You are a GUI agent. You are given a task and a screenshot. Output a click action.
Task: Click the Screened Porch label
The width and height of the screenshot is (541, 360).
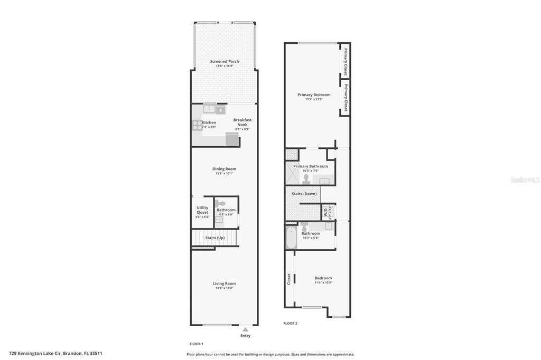(x=225, y=62)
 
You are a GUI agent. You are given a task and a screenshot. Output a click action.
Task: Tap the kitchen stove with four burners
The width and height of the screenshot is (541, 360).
(x=197, y=125)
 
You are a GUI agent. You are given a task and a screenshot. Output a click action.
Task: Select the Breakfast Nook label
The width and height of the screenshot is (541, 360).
(x=242, y=122)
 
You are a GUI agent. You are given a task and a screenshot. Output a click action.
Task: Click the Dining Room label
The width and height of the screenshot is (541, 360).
(x=225, y=169)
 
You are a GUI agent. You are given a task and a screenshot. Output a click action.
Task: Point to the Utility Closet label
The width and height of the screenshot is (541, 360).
(x=202, y=210)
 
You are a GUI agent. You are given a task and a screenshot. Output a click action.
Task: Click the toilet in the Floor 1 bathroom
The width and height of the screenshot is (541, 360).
(x=221, y=204)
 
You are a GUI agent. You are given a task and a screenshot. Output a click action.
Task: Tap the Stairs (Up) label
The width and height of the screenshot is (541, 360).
(x=215, y=238)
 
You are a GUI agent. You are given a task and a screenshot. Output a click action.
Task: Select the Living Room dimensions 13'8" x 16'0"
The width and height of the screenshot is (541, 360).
(x=225, y=288)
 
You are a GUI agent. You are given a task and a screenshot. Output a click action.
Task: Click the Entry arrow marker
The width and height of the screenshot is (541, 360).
(x=245, y=329)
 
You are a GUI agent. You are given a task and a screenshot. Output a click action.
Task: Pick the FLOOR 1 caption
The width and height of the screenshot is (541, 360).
(x=197, y=344)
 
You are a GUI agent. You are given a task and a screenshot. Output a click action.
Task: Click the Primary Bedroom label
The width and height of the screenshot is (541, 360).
(x=314, y=95)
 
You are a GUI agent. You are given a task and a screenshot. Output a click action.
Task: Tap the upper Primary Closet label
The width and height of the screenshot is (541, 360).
(x=346, y=62)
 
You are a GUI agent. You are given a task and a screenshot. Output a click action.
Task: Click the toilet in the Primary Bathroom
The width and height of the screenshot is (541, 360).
(x=306, y=178)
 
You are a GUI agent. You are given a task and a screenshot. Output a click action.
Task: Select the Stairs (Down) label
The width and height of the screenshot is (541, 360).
(x=304, y=194)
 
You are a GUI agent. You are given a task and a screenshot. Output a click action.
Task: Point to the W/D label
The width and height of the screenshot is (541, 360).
(x=325, y=212)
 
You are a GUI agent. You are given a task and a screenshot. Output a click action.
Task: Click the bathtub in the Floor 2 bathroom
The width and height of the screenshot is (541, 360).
(x=291, y=238)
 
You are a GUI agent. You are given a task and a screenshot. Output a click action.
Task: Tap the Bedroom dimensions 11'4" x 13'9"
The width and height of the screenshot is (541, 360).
(x=323, y=282)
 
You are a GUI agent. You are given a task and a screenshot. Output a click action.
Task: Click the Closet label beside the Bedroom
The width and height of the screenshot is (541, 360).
(x=289, y=278)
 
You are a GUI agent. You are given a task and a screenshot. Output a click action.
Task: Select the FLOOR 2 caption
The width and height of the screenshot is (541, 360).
(x=290, y=323)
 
